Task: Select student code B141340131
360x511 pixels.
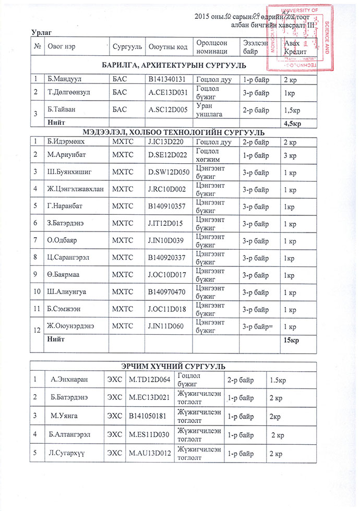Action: [x=167, y=80]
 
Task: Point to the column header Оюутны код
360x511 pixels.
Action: [x=168, y=47]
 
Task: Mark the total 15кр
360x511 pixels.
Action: [x=291, y=340]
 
